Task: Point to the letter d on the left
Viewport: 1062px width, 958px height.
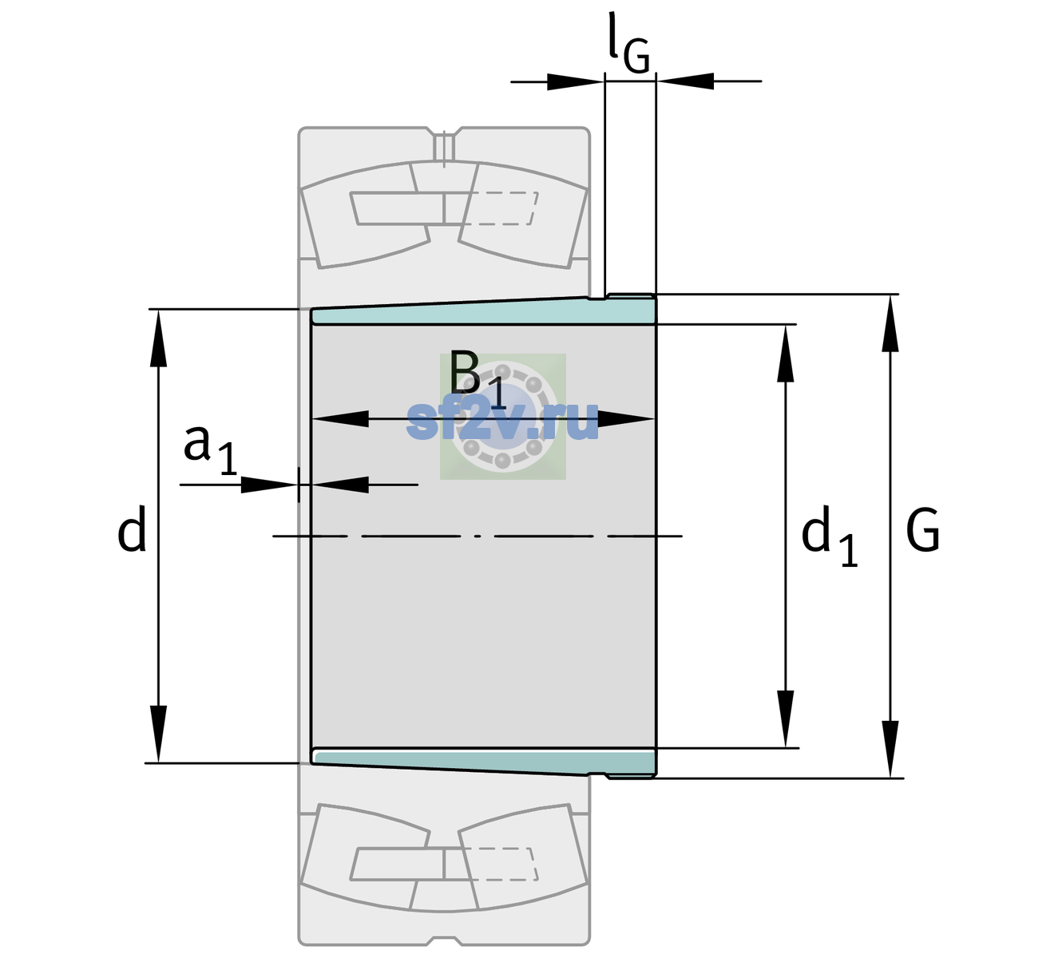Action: [x=131, y=528]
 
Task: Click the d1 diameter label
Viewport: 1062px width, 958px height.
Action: [x=830, y=535]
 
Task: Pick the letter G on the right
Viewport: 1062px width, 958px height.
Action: [x=923, y=530]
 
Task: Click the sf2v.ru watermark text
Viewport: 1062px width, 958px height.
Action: [x=502, y=420]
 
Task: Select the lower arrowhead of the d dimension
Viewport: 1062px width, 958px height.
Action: [x=158, y=734]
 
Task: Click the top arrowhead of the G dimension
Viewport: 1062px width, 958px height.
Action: [x=890, y=323]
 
